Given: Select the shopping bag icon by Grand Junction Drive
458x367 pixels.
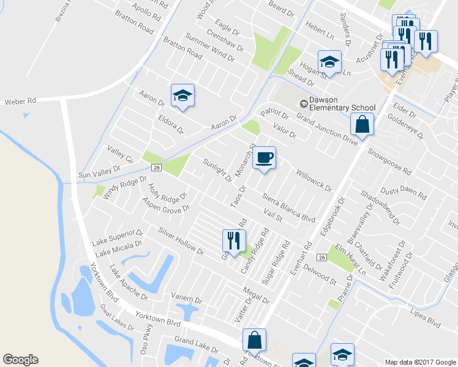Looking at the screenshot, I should (362, 125).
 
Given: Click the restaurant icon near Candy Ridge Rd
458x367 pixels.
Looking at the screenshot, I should (233, 240).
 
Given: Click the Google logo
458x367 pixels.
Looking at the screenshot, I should (20, 360).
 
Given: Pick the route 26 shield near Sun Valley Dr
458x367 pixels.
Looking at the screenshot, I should (157, 167).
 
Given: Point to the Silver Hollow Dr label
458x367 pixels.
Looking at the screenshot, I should (181, 240).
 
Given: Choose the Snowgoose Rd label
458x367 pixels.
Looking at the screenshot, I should (389, 161).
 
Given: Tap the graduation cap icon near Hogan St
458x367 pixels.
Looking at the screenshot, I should (329, 62).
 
